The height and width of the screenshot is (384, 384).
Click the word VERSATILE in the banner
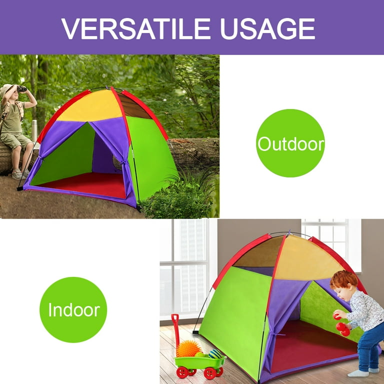[136, 28]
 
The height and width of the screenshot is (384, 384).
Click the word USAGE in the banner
[267, 28]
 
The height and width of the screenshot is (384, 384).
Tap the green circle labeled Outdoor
[290, 143]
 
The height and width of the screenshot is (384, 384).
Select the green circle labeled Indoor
[73, 309]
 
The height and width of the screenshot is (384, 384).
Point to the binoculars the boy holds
[22, 89]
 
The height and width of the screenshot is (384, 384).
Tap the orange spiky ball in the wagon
[188, 348]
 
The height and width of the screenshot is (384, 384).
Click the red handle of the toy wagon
[175, 330]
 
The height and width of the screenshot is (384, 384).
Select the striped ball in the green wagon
[215, 353]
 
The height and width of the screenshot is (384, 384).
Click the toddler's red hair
[343, 279]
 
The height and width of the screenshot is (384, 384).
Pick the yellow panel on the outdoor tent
[91, 106]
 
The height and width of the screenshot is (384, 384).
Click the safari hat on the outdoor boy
[7, 88]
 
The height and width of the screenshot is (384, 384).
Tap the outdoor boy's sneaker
[17, 174]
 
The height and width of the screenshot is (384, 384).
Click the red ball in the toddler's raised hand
[336, 316]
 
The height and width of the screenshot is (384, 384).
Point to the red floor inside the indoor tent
[311, 345]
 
